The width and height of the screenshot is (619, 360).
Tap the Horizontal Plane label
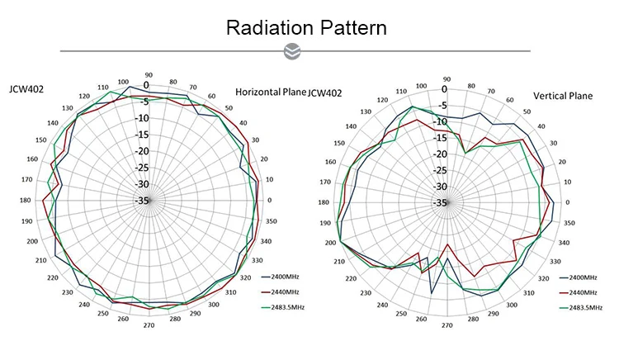(271, 92)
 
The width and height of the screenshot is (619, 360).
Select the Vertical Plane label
(563, 96)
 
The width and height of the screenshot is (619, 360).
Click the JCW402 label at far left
(26, 88)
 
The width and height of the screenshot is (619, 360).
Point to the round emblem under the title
(291, 52)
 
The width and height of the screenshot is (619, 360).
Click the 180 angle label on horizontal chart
(25, 201)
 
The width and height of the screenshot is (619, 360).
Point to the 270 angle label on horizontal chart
(149, 326)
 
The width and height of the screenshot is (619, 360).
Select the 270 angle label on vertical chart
(447, 325)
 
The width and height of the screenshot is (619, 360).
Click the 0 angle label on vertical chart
(567, 202)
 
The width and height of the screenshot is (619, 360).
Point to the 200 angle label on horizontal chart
(33, 241)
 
